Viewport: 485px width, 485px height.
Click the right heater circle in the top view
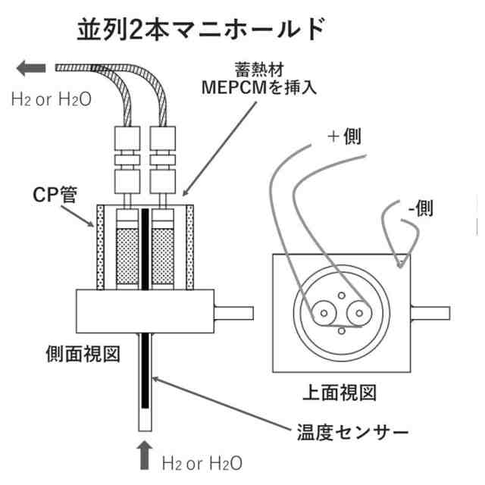[x=358, y=311]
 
